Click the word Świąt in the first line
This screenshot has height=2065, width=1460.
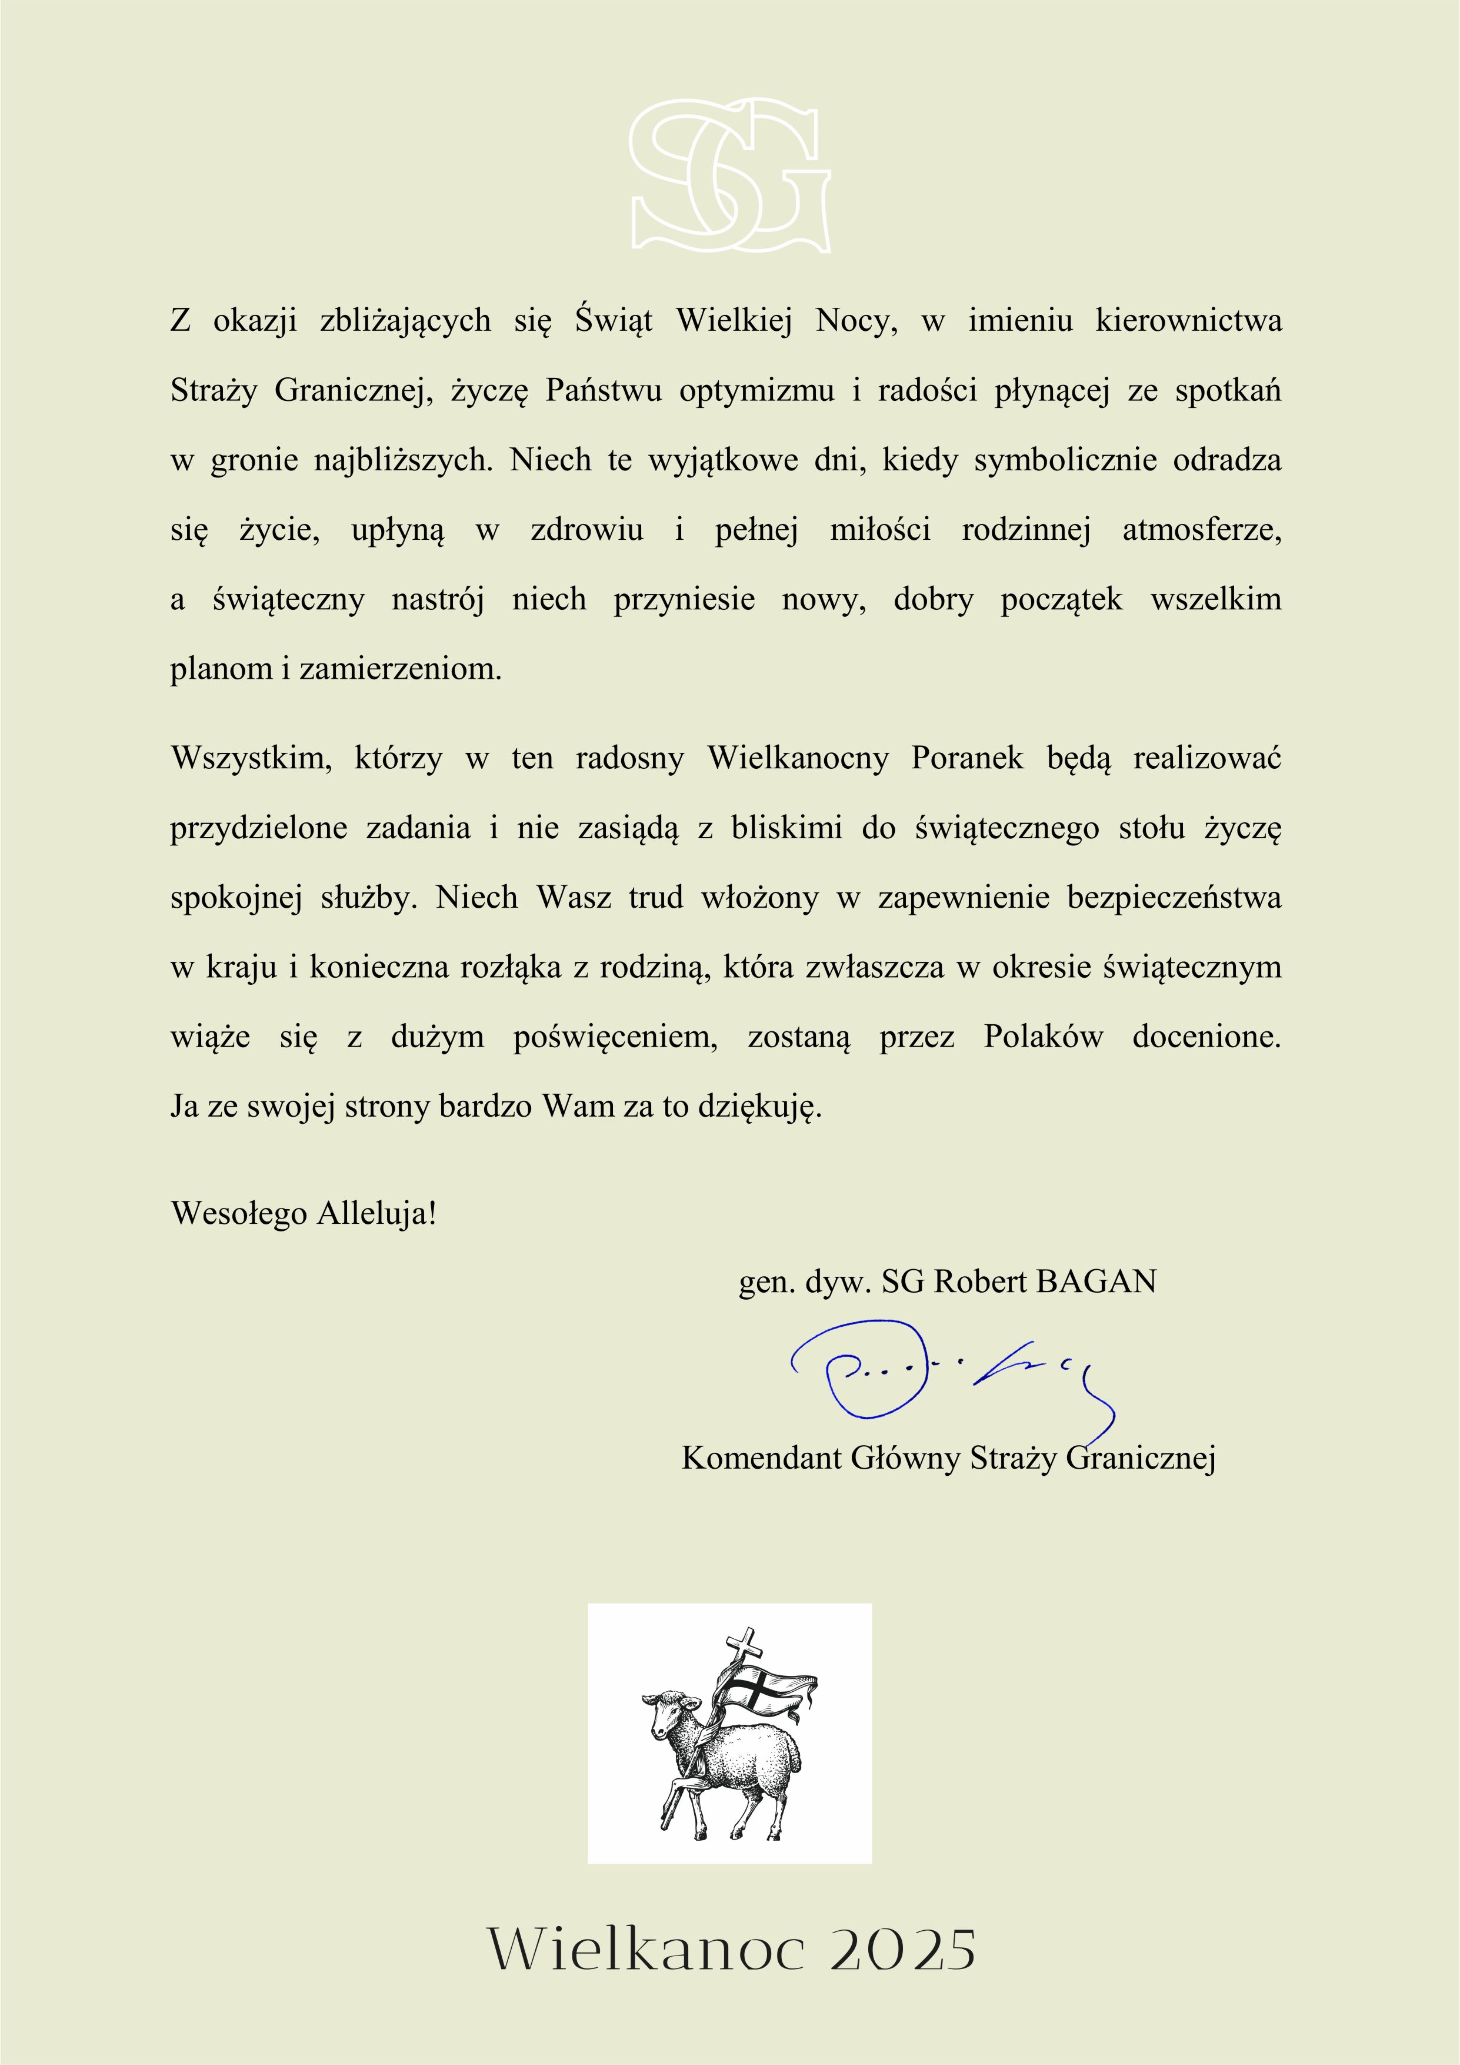pos(614,321)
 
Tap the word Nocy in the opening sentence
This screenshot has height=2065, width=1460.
pos(855,321)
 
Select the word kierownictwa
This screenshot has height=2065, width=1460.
pos(1188,321)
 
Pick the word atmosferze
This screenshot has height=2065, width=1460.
pos(1201,530)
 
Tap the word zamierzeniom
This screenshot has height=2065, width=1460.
pos(400,670)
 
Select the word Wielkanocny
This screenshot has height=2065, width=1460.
pos(798,758)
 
